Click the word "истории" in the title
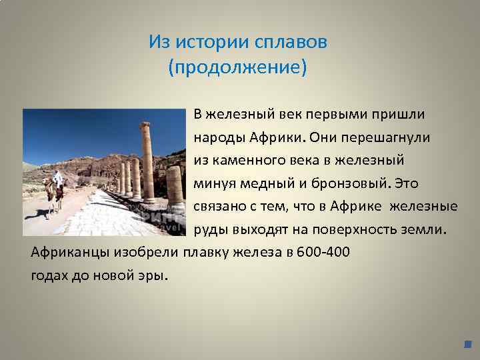[213, 43]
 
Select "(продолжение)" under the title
[238, 68]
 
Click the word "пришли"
[400, 114]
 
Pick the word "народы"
[217, 137]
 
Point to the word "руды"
[209, 230]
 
